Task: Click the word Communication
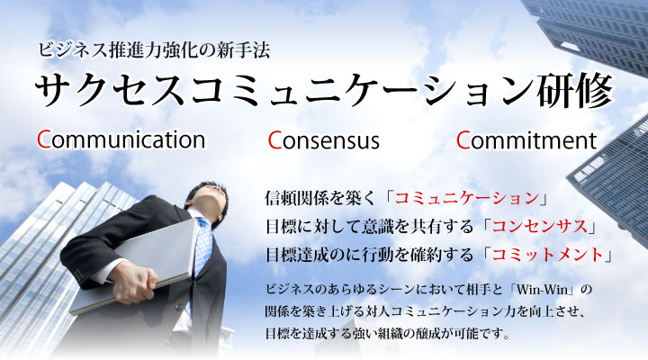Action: [121, 139]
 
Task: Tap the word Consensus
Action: [324, 140]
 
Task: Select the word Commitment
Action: [526, 140]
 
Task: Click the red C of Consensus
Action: [274, 140]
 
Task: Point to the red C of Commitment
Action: [463, 140]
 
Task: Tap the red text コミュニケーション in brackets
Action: [467, 198]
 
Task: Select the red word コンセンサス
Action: [540, 227]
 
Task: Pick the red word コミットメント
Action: [547, 254]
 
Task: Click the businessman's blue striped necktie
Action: [202, 248]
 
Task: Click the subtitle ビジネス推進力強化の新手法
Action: [154, 50]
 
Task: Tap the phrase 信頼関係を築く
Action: [319, 198]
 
